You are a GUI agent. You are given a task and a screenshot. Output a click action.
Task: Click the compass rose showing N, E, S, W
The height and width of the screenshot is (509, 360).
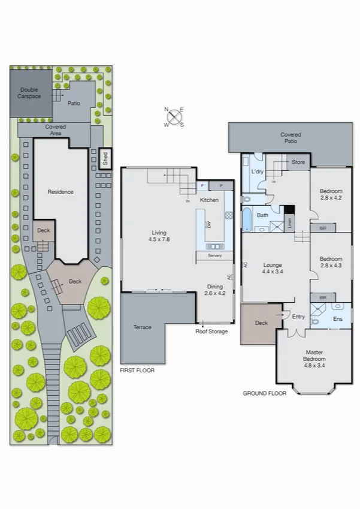coord(174,117)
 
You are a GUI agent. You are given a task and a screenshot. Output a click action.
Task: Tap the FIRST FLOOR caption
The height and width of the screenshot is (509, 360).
coord(137,371)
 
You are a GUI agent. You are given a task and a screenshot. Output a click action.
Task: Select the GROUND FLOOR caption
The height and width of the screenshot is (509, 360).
coord(264,393)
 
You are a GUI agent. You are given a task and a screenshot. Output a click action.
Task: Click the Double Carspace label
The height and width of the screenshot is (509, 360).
coord(29,94)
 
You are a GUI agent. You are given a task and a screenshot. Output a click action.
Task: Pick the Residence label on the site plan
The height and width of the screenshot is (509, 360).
coord(60,192)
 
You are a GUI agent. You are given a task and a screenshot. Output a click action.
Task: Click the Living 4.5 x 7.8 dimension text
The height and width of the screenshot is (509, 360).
coord(159,236)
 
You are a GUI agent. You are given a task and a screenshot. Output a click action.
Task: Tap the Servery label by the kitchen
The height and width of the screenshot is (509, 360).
coord(214,256)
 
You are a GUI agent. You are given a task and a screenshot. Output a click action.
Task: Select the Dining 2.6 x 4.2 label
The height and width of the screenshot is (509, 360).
coord(214,290)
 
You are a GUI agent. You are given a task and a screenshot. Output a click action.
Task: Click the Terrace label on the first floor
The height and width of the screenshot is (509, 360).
coord(142,327)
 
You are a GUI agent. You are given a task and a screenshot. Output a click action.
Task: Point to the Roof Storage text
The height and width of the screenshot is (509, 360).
coord(211,331)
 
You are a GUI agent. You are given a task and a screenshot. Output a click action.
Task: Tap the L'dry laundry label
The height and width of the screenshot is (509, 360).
coord(257,172)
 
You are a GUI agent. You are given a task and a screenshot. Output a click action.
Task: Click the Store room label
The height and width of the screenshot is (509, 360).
coord(298,162)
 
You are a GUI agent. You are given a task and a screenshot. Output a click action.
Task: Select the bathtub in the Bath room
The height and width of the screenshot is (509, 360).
coord(247,219)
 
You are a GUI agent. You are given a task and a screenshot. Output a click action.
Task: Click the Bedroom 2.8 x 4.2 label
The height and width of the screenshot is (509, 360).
coord(331,194)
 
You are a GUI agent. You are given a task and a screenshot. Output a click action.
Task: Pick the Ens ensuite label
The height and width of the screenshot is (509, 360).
coord(337,319)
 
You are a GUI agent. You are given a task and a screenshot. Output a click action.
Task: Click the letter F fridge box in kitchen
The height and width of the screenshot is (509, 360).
coord(203,186)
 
